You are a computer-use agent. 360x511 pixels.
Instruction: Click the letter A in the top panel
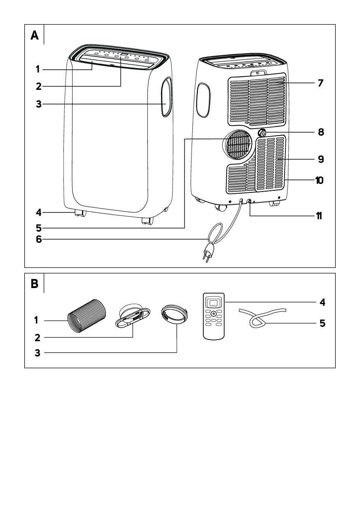35,36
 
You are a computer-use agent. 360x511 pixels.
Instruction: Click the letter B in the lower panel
35,285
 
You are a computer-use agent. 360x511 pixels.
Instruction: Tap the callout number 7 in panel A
320,83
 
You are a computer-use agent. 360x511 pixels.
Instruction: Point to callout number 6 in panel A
39,239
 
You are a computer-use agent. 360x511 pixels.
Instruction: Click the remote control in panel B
213,316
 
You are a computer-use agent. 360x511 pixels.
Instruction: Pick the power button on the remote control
213,314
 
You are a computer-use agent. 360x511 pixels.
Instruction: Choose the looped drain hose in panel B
257,317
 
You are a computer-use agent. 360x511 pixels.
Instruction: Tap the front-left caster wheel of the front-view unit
79,213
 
